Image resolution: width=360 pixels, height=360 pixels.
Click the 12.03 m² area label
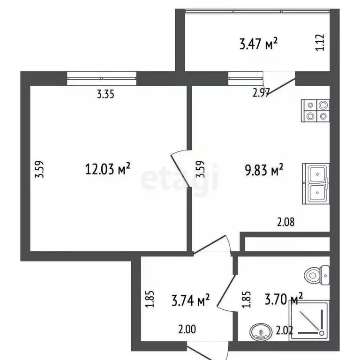click(x=107, y=169)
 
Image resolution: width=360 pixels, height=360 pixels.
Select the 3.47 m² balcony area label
click(x=258, y=44)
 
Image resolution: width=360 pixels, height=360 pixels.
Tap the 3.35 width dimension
click(x=105, y=94)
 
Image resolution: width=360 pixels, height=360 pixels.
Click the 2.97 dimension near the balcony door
click(x=261, y=93)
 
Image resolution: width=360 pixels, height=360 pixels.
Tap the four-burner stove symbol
click(x=316, y=112)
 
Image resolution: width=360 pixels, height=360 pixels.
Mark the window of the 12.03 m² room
click(x=102, y=77)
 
